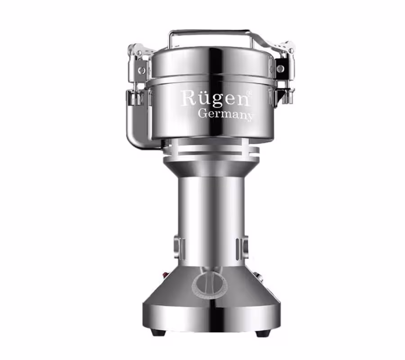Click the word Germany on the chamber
(225, 114)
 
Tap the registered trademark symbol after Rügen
(249, 92)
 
